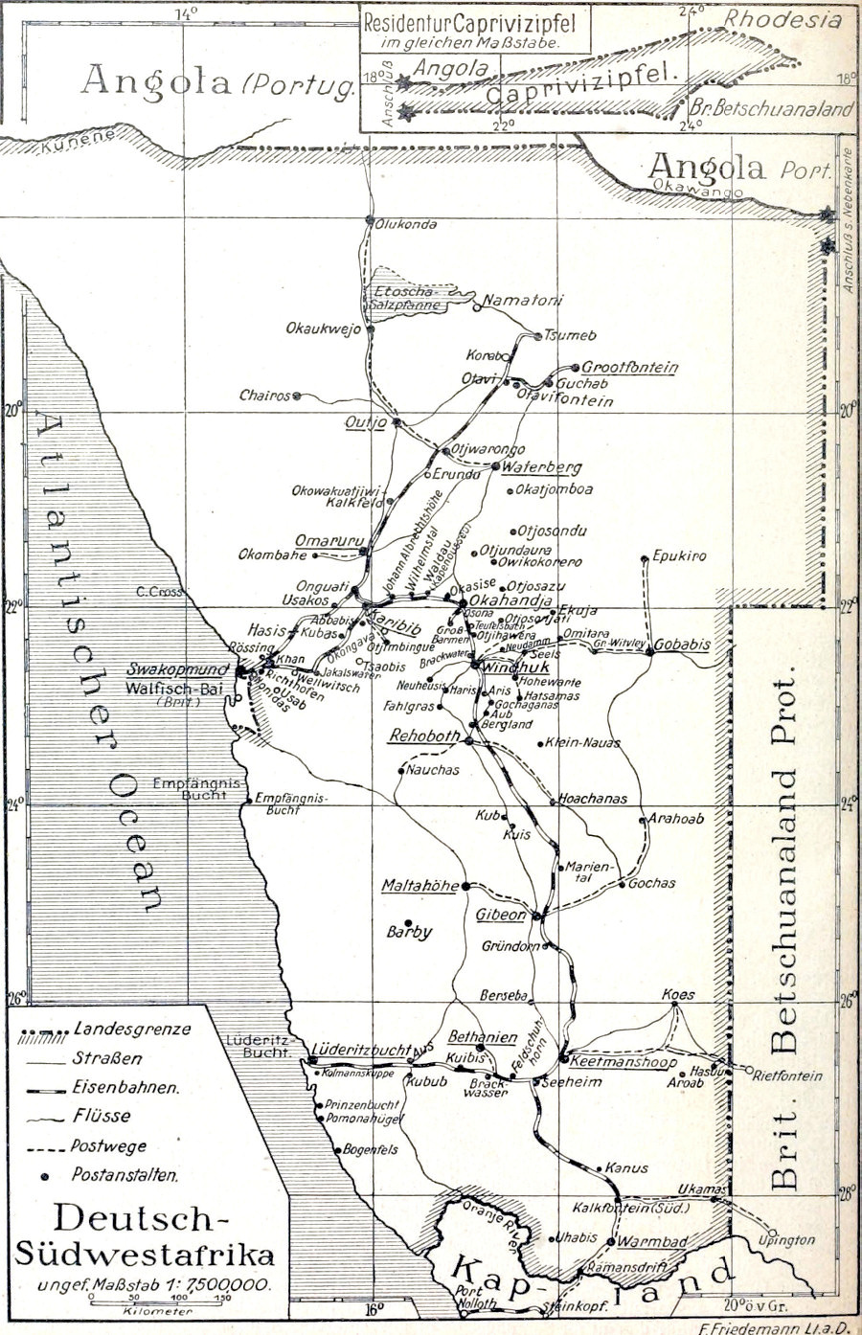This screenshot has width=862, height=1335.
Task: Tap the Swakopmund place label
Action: pyautogui.click(x=178, y=669)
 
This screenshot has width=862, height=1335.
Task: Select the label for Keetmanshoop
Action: pyautogui.click(x=623, y=1062)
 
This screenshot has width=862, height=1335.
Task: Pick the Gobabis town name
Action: pyautogui.click(x=682, y=645)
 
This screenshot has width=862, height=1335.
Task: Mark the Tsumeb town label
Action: pyautogui.click(x=570, y=335)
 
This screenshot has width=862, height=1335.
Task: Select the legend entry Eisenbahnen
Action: pyautogui.click(x=125, y=1088)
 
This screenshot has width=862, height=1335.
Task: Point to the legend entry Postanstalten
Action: pyautogui.click(x=125, y=1174)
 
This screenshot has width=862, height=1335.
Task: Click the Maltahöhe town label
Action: pyautogui.click(x=420, y=886)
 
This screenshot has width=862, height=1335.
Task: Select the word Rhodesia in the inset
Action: pyautogui.click(x=782, y=20)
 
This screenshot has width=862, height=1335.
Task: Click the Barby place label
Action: pyautogui.click(x=409, y=932)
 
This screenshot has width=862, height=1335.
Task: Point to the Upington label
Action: pyautogui.click(x=786, y=1240)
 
